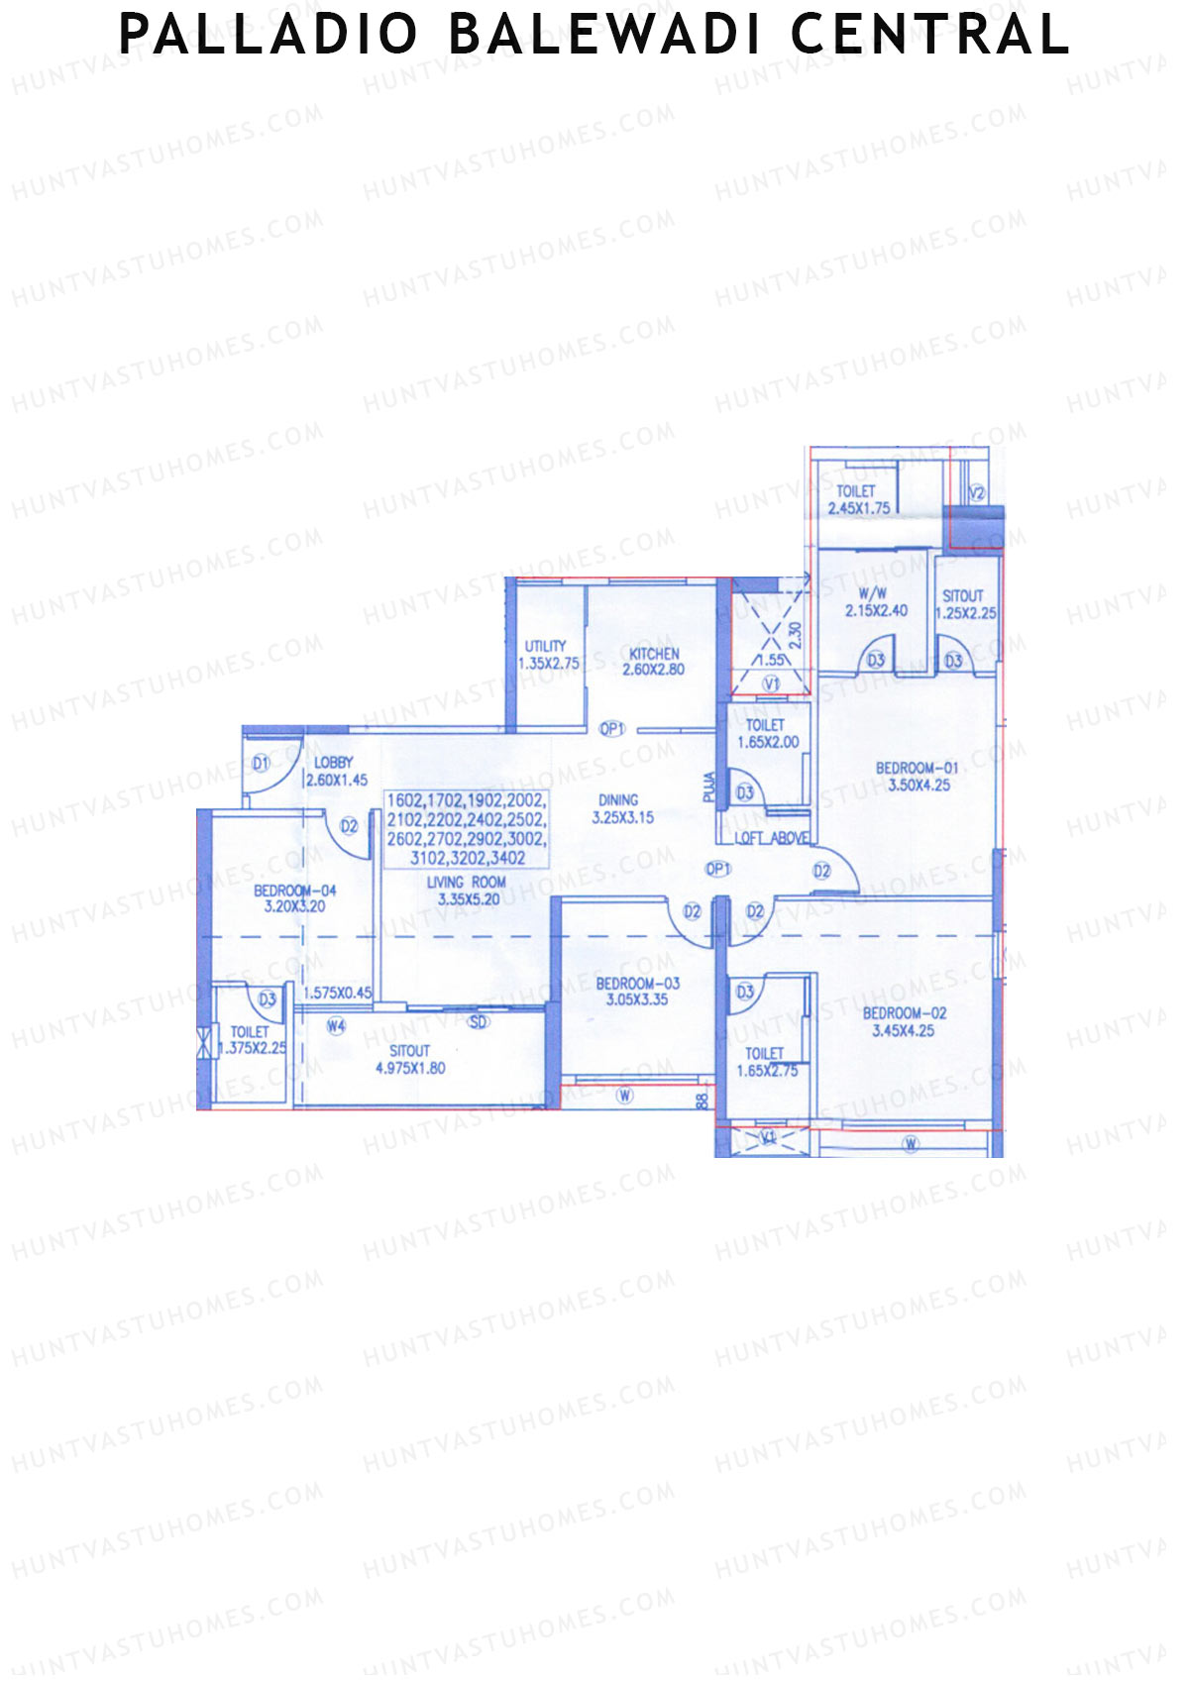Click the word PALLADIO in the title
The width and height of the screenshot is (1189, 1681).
(269, 35)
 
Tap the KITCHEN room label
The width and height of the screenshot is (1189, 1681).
(654, 654)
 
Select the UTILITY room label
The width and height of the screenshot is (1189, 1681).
(545, 647)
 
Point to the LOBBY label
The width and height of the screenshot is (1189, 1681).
(333, 763)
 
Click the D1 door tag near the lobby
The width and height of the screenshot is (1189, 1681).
(261, 763)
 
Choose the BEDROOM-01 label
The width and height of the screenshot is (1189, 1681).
(917, 768)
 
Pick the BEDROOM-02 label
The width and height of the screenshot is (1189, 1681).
(904, 1013)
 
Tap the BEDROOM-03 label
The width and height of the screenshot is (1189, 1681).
(637, 984)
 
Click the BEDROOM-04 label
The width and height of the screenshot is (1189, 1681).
(294, 891)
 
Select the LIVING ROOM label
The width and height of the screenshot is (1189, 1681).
(466, 882)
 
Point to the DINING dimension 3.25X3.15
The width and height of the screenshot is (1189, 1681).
(622, 818)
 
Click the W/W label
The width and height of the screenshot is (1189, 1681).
(873, 593)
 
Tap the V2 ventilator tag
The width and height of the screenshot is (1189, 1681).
(977, 492)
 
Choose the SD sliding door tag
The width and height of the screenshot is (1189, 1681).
(479, 1022)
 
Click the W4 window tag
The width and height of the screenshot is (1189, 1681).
(336, 1026)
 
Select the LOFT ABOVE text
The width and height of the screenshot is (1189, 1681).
(771, 838)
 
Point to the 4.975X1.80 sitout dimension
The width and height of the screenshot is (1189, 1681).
(409, 1068)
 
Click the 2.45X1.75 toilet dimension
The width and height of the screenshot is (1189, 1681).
(859, 508)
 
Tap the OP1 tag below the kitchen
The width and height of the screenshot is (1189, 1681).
(612, 729)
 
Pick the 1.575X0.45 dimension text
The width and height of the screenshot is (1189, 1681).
(338, 992)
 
